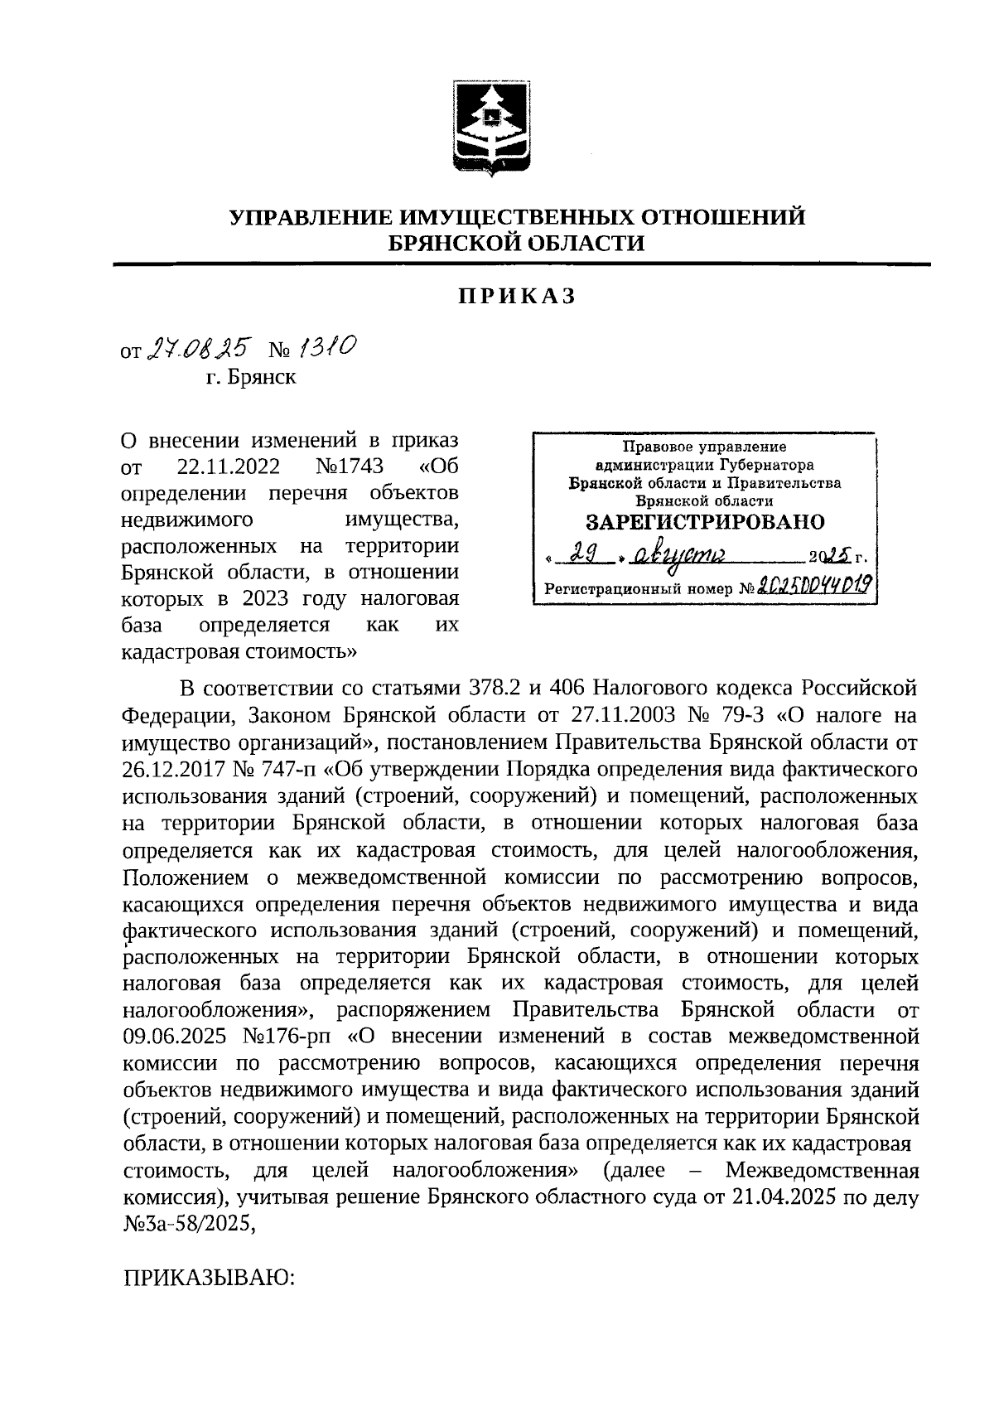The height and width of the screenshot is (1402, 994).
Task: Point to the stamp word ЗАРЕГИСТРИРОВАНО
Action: tap(705, 522)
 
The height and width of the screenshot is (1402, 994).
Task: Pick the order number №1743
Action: tap(348, 467)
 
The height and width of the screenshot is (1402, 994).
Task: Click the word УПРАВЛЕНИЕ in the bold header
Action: tap(311, 218)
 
